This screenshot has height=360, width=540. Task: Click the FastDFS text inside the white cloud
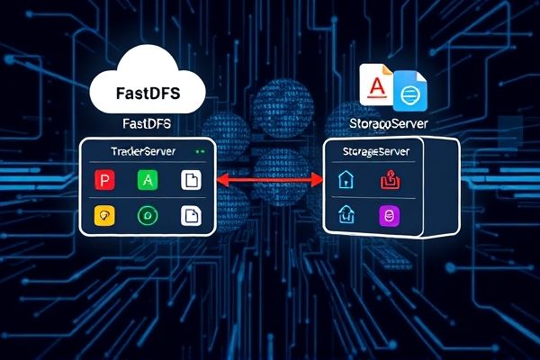coord(150,93)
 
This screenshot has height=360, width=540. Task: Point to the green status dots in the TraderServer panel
coord(200,151)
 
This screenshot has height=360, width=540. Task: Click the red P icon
coord(105,180)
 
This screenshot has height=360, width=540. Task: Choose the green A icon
coord(147,180)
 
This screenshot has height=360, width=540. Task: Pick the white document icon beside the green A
coord(191,180)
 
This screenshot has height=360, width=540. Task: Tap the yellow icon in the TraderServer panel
coord(105,216)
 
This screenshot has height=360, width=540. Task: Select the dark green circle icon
coord(147,216)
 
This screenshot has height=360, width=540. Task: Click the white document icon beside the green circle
coord(191,216)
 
